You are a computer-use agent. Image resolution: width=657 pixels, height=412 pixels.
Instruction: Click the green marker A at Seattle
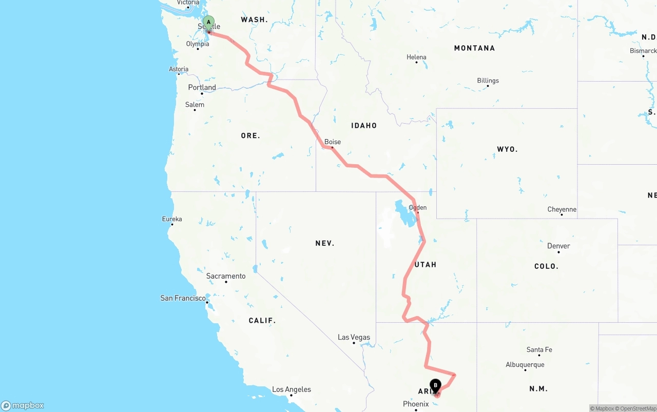[208, 22]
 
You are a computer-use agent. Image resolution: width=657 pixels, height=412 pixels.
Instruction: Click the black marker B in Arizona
[435, 385]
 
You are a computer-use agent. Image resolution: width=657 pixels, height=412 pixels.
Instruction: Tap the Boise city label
[333, 142]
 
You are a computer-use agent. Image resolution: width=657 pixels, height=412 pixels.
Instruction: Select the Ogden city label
[417, 207]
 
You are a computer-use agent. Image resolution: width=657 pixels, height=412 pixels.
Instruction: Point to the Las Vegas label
[354, 337]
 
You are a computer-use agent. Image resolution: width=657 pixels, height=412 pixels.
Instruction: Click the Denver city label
[558, 246]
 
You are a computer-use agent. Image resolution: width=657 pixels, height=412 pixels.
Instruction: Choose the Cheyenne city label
[562, 209]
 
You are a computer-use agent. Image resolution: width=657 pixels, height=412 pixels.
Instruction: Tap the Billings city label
[488, 81]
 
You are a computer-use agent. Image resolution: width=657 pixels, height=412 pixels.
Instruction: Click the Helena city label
[416, 57]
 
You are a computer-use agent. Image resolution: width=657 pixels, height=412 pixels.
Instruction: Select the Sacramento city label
[226, 276]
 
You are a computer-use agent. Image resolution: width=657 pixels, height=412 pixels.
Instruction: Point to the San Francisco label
[183, 298]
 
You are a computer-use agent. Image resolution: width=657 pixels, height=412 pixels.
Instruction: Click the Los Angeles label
[292, 389]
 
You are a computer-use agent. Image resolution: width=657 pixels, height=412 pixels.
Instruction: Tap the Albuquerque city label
[525, 365]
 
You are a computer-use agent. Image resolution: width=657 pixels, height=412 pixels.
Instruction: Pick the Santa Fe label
[539, 349]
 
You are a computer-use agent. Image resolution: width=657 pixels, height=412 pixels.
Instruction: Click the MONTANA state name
[474, 48]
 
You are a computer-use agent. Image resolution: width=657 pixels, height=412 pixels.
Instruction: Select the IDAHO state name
[364, 125]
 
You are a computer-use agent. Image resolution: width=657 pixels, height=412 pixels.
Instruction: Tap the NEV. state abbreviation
[325, 243]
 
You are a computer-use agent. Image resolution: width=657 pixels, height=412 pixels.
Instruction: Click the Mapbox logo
[23, 405]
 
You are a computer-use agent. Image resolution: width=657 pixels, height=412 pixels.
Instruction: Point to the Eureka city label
[172, 219]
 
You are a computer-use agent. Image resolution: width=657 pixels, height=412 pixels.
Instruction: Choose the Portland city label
[202, 87]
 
